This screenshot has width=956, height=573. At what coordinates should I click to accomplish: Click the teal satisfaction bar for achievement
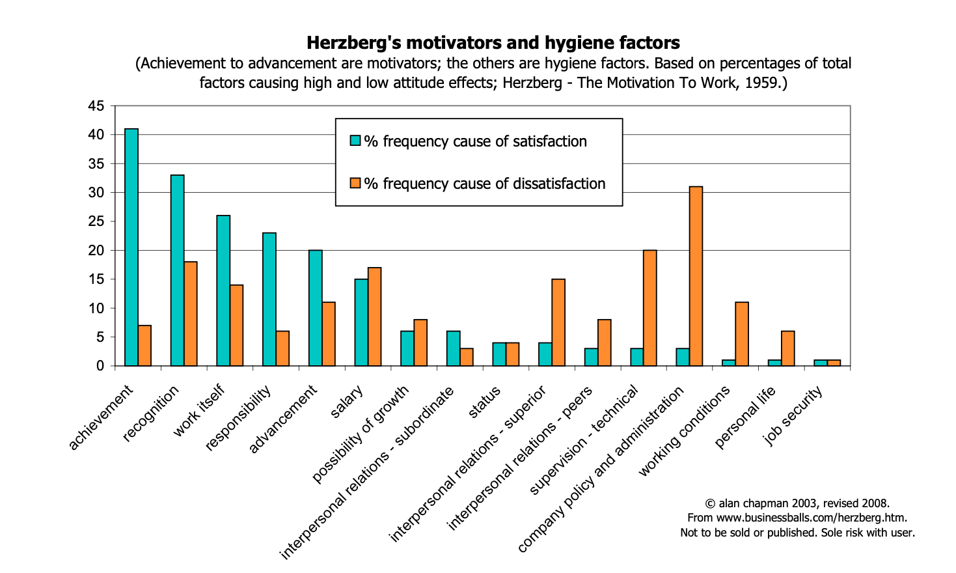click(x=131, y=247)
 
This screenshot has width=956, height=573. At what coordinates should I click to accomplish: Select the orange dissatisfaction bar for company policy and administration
click(x=696, y=276)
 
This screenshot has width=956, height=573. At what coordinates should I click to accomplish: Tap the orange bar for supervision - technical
click(x=649, y=308)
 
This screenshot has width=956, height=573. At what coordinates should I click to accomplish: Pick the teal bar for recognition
click(x=177, y=270)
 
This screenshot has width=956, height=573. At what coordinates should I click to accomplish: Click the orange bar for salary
click(x=374, y=316)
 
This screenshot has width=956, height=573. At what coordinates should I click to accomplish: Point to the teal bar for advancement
click(x=315, y=308)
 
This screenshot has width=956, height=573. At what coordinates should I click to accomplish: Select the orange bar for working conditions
click(x=742, y=334)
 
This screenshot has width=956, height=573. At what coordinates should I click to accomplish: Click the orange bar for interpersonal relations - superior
click(x=558, y=322)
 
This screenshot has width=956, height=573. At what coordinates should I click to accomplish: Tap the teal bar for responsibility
click(x=269, y=300)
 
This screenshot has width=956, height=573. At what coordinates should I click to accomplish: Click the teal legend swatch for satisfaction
click(x=355, y=141)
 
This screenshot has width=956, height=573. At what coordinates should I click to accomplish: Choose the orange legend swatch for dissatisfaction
click(x=355, y=184)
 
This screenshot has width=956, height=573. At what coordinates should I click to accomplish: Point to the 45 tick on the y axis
click(x=96, y=106)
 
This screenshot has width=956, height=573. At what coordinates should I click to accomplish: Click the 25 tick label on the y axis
click(x=96, y=221)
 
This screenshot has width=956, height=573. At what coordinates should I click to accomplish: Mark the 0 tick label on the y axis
click(x=100, y=366)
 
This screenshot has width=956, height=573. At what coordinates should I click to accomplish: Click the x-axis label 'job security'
click(x=793, y=415)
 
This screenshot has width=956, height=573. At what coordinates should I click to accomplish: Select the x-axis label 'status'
click(x=485, y=402)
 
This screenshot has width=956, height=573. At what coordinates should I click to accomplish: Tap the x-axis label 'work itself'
click(x=199, y=410)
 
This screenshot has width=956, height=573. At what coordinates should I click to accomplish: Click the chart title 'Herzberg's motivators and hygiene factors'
click(x=493, y=43)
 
